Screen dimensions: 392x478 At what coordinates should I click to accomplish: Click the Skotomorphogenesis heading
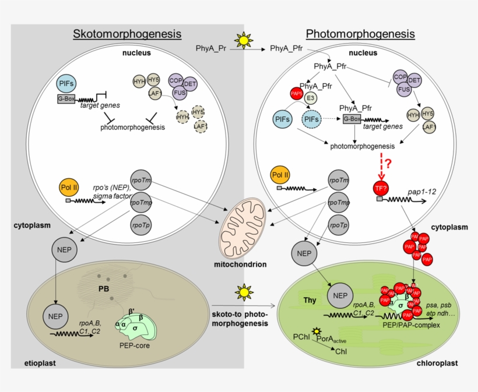coord(127,34)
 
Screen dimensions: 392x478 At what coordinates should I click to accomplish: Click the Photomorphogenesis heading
coord(360,34)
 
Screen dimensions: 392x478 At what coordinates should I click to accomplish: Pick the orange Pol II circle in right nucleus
coord(281,175)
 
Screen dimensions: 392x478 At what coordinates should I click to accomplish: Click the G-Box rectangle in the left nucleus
coord(68,99)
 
